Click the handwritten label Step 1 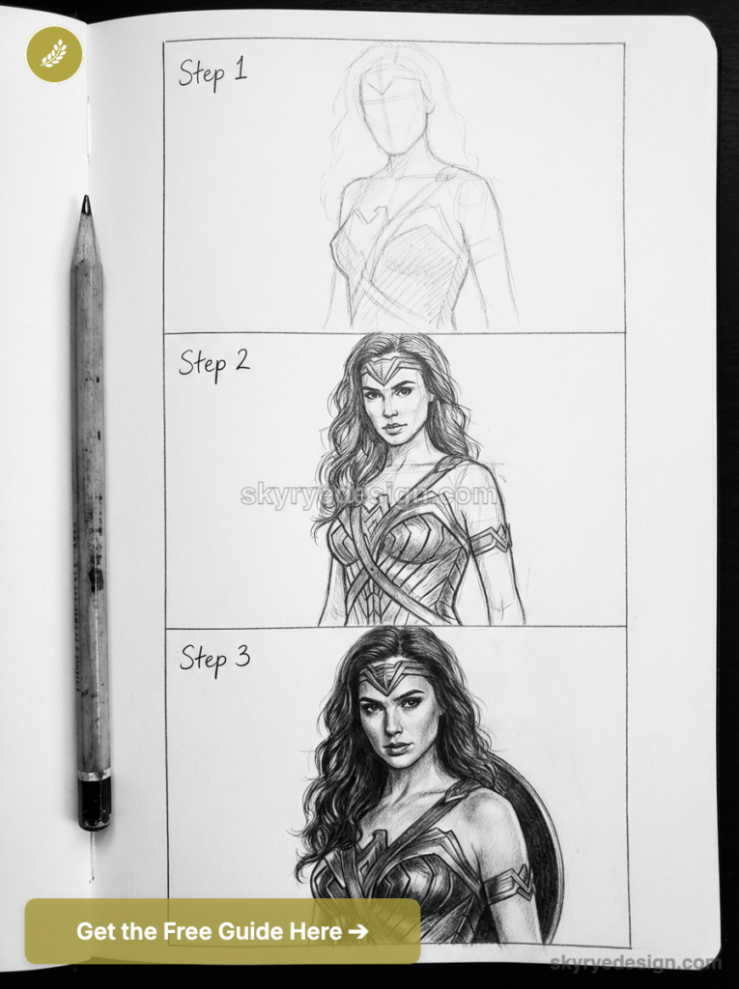click(213, 73)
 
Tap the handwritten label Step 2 click(213, 363)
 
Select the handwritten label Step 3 click(214, 658)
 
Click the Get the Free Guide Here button click(222, 931)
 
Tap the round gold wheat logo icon click(54, 54)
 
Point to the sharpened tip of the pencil click(86, 204)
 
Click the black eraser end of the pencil click(94, 804)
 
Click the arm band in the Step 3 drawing click(510, 883)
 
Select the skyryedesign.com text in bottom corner click(635, 963)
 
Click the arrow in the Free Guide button click(357, 932)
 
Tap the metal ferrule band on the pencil click(94, 774)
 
